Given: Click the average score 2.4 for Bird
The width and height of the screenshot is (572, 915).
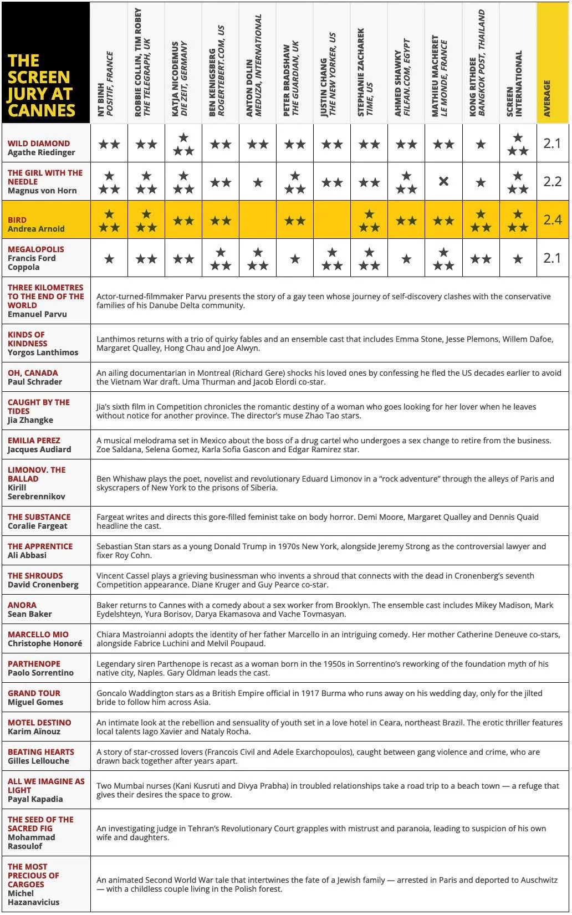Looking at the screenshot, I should tap(552, 220).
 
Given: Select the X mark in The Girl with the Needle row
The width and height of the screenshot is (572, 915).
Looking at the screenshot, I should tap(443, 181).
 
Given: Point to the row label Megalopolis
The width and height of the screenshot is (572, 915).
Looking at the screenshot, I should tap(36, 249).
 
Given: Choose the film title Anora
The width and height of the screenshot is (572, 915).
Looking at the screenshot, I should tap(22, 605).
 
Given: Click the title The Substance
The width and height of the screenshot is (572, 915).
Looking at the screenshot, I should tap(39, 517).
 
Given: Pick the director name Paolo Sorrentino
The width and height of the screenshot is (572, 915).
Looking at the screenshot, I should tap(40, 673).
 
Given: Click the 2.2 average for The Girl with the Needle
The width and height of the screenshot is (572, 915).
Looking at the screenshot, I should tap(552, 182).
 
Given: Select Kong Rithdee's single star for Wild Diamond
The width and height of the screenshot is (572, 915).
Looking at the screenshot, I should tap(481, 144).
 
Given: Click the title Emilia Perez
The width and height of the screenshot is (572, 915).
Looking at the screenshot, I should tap(34, 441).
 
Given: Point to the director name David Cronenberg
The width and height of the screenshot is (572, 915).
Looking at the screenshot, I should tap(43, 585).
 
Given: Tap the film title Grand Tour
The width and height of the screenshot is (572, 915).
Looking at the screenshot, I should tap(34, 693).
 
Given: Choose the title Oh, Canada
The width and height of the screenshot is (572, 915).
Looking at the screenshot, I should tap(33, 373).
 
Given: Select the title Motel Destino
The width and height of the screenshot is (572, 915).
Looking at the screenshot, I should tap(39, 723).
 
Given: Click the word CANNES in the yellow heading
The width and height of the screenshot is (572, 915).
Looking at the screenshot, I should tap(42, 110).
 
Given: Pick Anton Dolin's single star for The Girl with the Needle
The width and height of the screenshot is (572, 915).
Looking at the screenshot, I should tap(258, 182).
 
